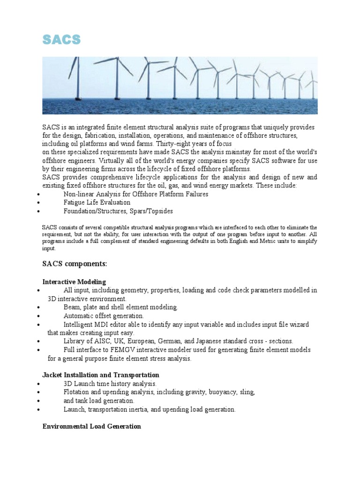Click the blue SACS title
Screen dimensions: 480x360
tap(61, 40)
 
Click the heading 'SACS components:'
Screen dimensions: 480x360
tap(75, 264)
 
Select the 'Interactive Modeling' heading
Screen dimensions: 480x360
tap(74, 282)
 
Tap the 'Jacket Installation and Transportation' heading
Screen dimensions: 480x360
tap(100, 375)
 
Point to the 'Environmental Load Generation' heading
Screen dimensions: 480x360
tap(91, 426)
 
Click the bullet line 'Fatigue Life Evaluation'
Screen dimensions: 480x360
tap(97, 202)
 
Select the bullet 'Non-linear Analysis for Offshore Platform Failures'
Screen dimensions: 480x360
tap(136, 194)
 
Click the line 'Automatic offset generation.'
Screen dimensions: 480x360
tap(104, 316)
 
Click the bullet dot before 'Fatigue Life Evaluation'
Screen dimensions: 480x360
tap(37, 203)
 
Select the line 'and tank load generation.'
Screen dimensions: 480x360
tap(99, 401)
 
